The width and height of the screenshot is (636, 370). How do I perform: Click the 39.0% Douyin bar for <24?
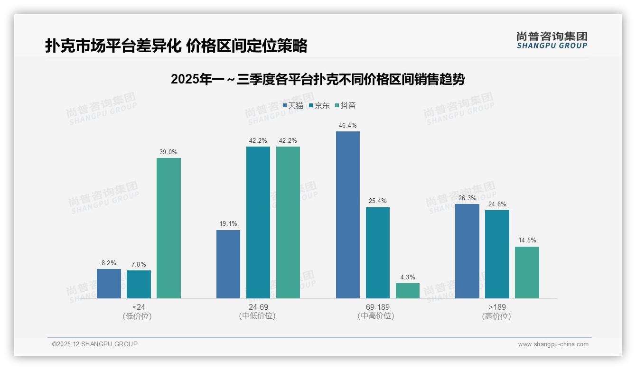168,228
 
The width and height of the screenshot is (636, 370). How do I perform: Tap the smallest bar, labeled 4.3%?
408,291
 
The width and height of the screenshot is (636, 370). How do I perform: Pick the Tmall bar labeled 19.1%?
228,264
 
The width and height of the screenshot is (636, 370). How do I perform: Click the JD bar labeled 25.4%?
378,253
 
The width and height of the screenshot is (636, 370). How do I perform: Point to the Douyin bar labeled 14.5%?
527,272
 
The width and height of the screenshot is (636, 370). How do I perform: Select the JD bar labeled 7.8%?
139,284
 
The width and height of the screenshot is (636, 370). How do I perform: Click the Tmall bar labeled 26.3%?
467,251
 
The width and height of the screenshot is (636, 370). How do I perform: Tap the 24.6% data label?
497,204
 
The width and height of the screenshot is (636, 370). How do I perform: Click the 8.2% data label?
109,263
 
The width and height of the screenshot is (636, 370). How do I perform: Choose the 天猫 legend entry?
293,106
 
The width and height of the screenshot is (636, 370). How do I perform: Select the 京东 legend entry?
319,106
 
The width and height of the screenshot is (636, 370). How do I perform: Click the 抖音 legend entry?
345,106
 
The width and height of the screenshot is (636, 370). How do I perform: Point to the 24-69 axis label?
258,307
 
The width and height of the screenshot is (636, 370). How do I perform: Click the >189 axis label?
497,307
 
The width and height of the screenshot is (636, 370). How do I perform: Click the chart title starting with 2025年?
318,80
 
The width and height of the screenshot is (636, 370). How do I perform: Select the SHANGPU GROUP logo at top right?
552,40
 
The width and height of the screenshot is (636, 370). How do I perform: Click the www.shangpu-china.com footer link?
553,344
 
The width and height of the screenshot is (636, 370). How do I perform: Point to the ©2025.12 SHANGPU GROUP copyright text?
95,344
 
